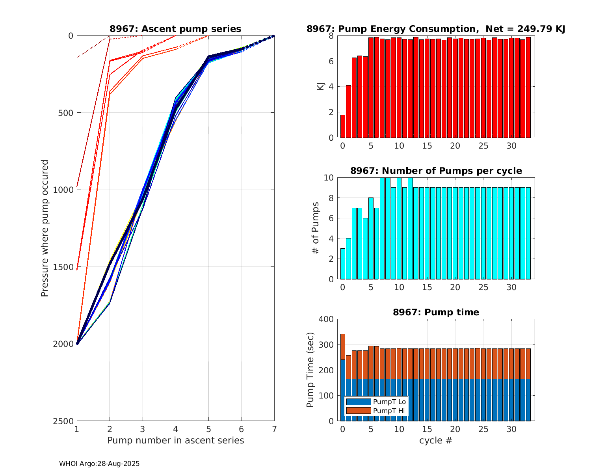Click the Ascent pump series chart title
pyautogui.click(x=175, y=29)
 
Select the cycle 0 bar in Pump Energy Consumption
pyautogui.click(x=343, y=126)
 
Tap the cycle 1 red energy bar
pyautogui.click(x=348, y=111)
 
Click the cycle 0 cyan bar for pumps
pyautogui.click(x=343, y=264)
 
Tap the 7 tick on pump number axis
pyautogui.click(x=274, y=428)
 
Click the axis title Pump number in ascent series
pyautogui.click(x=175, y=440)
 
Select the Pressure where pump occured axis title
pyautogui.click(x=45, y=228)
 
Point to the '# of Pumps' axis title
pyautogui.click(x=315, y=228)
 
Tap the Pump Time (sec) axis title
pyautogui.click(x=310, y=370)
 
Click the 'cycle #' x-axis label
pyautogui.click(x=436, y=440)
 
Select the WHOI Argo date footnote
pyautogui.click(x=99, y=464)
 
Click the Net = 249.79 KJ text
pyautogui.click(x=526, y=29)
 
